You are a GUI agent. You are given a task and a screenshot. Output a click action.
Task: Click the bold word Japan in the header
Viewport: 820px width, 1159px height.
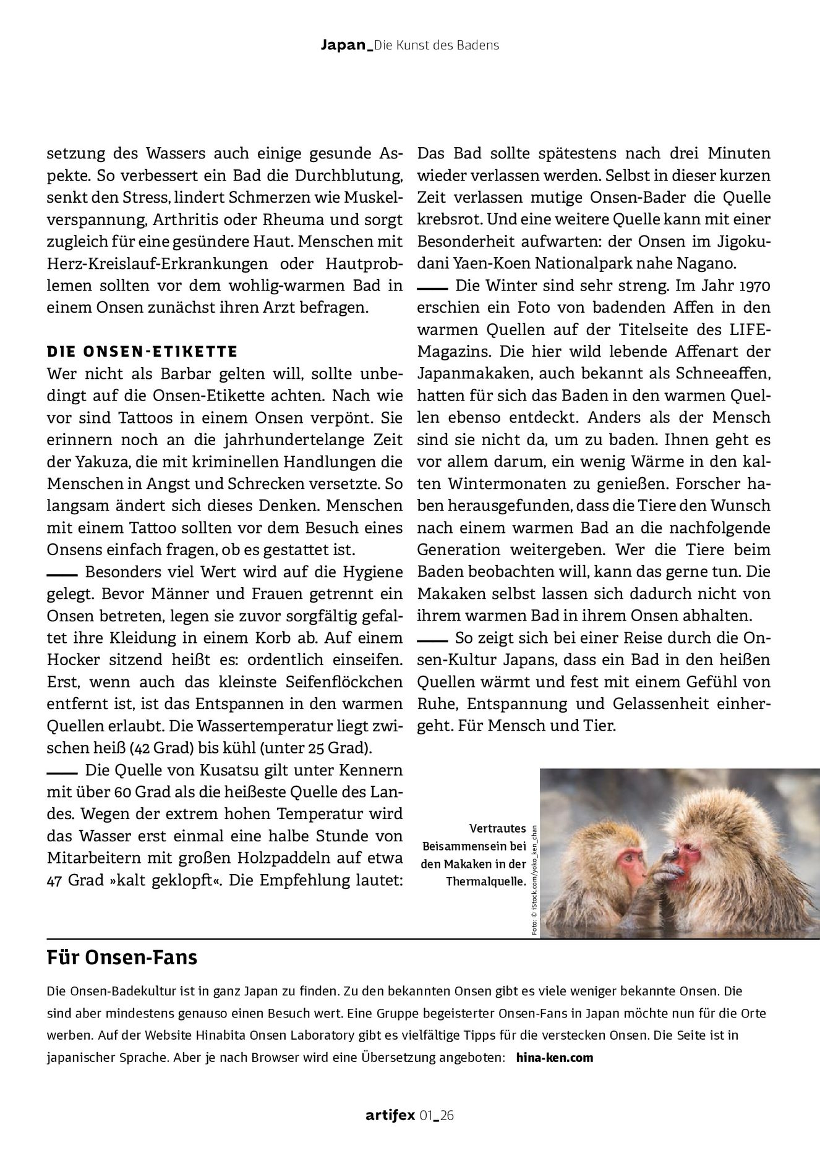pyautogui.click(x=343, y=45)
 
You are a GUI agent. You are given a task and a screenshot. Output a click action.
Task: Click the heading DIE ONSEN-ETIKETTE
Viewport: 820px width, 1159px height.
pyautogui.click(x=142, y=352)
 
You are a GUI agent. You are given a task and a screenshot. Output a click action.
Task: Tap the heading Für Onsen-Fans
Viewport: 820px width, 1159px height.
pyautogui.click(x=122, y=958)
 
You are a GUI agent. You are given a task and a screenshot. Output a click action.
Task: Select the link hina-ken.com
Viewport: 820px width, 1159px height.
pyautogui.click(x=553, y=1057)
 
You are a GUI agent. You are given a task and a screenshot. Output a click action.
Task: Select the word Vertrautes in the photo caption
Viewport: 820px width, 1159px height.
pyautogui.click(x=497, y=828)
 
